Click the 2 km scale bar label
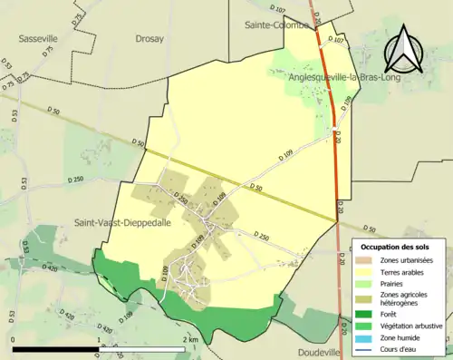tap(190, 338)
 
